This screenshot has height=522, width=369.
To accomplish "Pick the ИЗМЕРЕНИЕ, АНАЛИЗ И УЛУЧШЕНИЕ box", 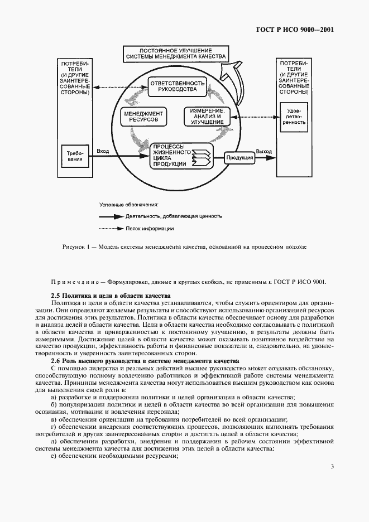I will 207,117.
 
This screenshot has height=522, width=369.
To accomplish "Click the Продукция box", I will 239,158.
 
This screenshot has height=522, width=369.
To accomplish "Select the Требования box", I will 76,155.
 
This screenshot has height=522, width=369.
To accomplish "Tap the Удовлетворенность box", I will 293,118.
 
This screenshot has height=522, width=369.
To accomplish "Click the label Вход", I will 103,151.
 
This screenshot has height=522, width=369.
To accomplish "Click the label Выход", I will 264,151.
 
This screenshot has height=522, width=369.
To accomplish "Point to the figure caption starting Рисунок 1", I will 184,246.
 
